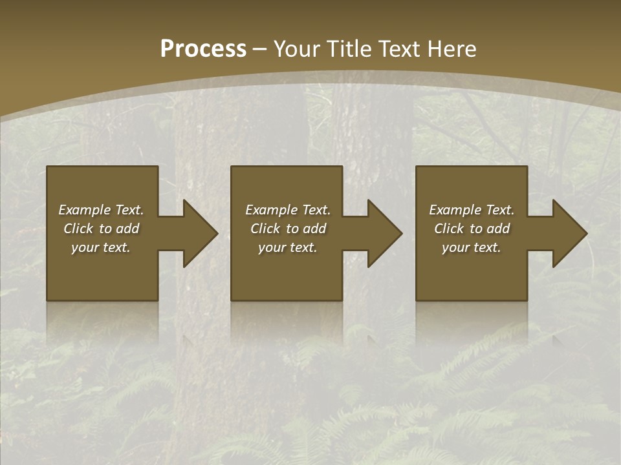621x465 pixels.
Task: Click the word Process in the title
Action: (203, 49)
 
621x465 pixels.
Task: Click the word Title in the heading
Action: (348, 49)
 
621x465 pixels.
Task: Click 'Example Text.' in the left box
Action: (101, 210)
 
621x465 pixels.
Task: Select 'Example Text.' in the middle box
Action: (288, 210)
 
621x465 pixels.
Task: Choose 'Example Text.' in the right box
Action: (472, 210)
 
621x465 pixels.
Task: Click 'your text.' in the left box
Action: (101, 247)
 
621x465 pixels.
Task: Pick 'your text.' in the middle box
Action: (288, 247)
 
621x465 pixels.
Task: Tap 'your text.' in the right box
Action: (472, 247)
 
